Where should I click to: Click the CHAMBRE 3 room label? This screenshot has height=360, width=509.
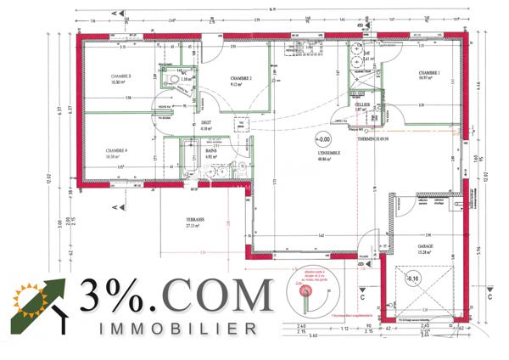point(120,77)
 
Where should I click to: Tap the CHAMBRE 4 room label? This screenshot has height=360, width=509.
point(117,152)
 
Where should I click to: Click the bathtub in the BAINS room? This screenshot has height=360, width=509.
point(211,158)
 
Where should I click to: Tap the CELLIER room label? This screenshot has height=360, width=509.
point(361,104)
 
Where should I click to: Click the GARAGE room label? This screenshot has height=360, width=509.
point(424,246)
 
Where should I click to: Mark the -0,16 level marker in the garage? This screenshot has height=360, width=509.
point(413,278)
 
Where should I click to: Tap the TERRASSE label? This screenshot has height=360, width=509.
point(198,220)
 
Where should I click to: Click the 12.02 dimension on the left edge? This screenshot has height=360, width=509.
point(50,180)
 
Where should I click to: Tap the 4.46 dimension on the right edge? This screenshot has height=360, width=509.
point(479,85)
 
